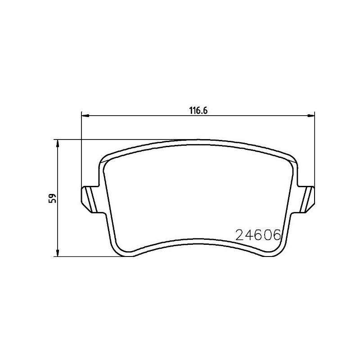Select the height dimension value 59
(x=53, y=198)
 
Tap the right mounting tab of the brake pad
(x=307, y=198)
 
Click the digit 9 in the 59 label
(x=53, y=196)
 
